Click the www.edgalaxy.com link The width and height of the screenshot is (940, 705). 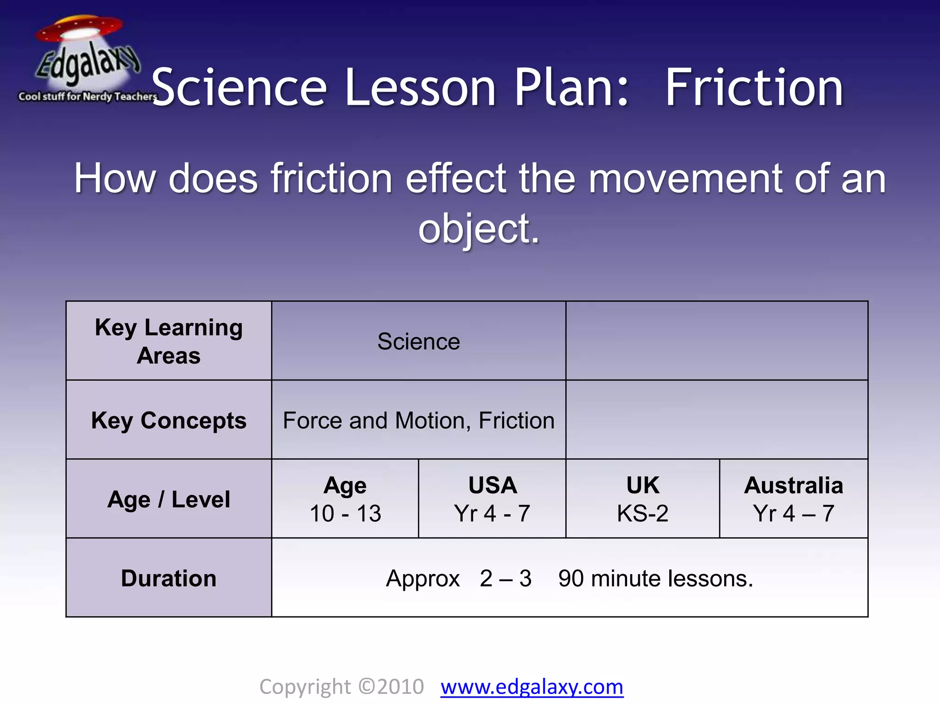pos(532,687)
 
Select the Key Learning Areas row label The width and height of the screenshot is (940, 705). pos(169,341)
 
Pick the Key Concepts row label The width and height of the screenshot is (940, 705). pos(169,420)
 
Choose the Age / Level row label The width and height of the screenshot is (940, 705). pos(169,499)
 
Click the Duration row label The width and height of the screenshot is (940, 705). pos(169,578)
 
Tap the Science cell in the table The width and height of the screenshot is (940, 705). pos(419,341)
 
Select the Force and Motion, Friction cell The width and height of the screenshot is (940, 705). pos(419,420)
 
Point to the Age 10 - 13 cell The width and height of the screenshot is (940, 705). pos(345,499)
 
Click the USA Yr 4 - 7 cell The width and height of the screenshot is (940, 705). pos(492,499)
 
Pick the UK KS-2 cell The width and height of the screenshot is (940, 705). pos(643,499)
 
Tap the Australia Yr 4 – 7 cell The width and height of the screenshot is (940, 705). pos(794,499)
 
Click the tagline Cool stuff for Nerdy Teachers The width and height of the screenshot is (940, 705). pos(87,96)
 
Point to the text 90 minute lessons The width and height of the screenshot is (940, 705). pos(655,578)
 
